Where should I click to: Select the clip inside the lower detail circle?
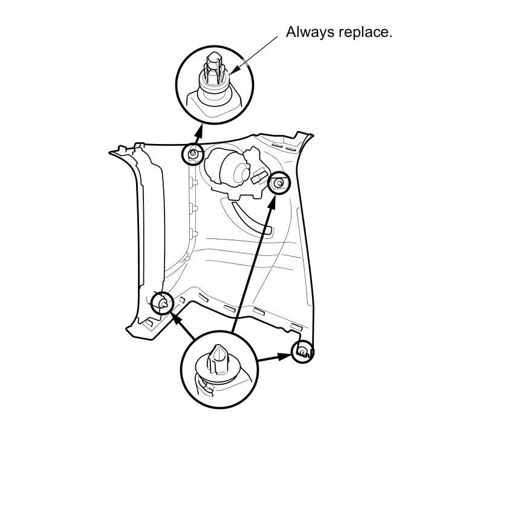[x=217, y=367]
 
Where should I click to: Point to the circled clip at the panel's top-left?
[x=193, y=155]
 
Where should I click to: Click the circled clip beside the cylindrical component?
[x=279, y=182]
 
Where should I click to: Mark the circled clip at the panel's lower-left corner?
[x=161, y=303]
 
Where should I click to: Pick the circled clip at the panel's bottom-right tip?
[x=302, y=351]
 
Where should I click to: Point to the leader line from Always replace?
[x=257, y=54]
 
